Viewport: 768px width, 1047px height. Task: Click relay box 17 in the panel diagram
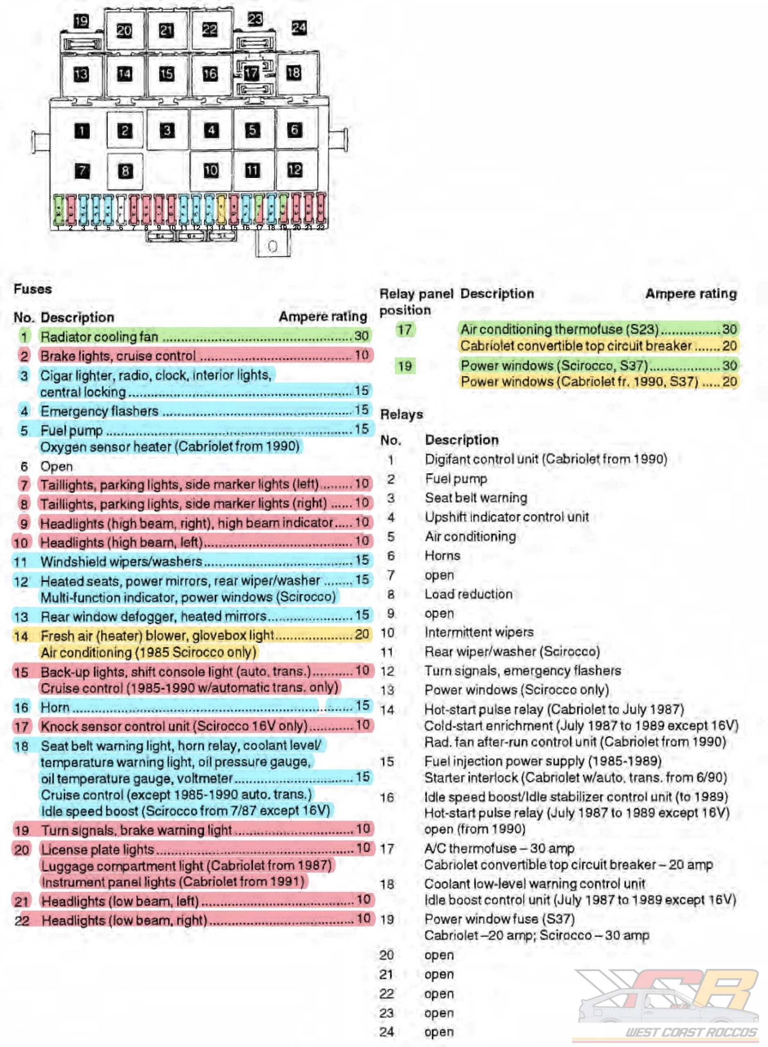tap(252, 72)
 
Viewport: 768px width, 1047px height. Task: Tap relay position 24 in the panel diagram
tap(299, 28)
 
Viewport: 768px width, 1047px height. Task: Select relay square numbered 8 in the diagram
tap(125, 171)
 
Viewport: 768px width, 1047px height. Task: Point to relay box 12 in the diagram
tap(295, 170)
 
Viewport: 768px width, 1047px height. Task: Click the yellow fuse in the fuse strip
tap(221, 209)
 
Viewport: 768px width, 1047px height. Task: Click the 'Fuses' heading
tap(33, 289)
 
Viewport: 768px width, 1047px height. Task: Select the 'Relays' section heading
tap(402, 414)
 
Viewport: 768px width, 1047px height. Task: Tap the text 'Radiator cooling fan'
tap(99, 336)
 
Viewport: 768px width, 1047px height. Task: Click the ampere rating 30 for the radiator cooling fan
tap(361, 336)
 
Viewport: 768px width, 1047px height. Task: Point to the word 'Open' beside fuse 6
tap(56, 466)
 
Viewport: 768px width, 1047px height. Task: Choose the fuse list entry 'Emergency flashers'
tap(99, 411)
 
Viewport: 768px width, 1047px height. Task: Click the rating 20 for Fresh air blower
tap(362, 634)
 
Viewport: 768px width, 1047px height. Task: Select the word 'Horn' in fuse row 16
tap(55, 707)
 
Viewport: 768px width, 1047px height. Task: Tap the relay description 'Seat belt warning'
tap(476, 497)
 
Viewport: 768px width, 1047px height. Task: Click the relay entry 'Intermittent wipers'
tap(479, 632)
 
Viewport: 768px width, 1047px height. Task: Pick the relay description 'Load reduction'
tap(469, 594)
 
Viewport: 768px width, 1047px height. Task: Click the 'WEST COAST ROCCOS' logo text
tap(691, 1032)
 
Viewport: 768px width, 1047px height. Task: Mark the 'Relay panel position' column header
tap(415, 302)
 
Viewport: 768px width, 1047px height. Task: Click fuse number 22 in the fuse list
tap(22, 920)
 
